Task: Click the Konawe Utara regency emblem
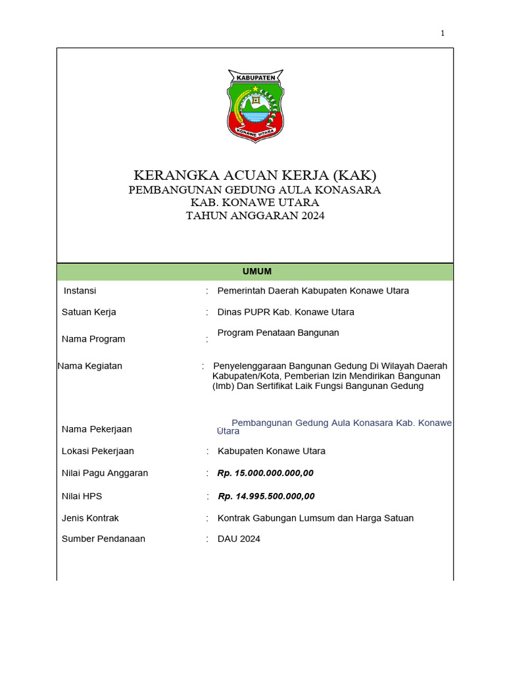(255, 105)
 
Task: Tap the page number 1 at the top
(443, 34)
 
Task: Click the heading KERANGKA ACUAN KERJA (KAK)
(255, 175)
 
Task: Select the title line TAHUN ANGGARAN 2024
(255, 215)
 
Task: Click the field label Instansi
(80, 291)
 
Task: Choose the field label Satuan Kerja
(89, 312)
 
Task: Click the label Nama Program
(93, 339)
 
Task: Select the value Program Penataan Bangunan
(278, 333)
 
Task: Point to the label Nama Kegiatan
(90, 366)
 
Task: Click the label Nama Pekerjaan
(97, 429)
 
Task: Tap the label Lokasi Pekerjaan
(98, 451)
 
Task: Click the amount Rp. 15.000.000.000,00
(266, 473)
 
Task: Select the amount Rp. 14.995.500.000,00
(266, 496)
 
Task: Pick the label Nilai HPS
(82, 496)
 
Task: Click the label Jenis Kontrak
(91, 518)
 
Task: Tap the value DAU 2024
(239, 538)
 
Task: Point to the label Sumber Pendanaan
(103, 538)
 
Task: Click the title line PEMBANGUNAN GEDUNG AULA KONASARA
(255, 190)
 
